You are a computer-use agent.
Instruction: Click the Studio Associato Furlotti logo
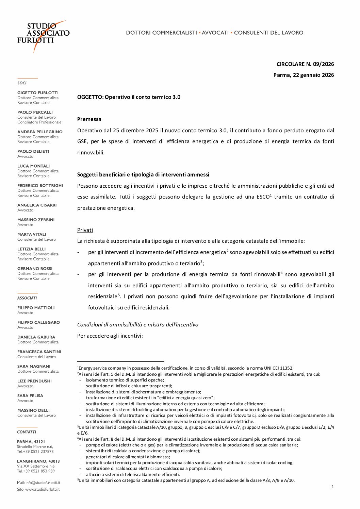tap(43, 34)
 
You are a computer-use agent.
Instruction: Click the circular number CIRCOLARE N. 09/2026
tap(305, 64)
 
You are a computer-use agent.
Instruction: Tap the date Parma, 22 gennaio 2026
tap(304, 75)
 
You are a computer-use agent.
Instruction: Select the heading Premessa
tap(89, 119)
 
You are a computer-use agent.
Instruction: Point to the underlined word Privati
tap(85, 230)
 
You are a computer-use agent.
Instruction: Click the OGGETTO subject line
tap(129, 97)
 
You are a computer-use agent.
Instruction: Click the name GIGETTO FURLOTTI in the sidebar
tap(38, 93)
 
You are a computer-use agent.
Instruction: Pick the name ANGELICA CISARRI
tap(37, 205)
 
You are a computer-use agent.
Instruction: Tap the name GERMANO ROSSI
tap(35, 269)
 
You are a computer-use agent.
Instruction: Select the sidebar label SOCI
tap(22, 83)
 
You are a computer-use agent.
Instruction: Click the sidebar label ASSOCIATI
tap(27, 298)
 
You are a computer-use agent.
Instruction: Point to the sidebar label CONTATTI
tap(27, 432)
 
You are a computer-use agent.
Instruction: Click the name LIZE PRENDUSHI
tap(34, 381)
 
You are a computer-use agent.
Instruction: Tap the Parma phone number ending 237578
tap(35, 452)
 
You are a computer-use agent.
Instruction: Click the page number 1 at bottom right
tap(332, 487)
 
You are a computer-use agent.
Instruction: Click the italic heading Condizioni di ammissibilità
tap(137, 324)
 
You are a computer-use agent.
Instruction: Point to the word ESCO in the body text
tap(263, 197)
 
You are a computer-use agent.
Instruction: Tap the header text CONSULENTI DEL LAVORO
tap(268, 33)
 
